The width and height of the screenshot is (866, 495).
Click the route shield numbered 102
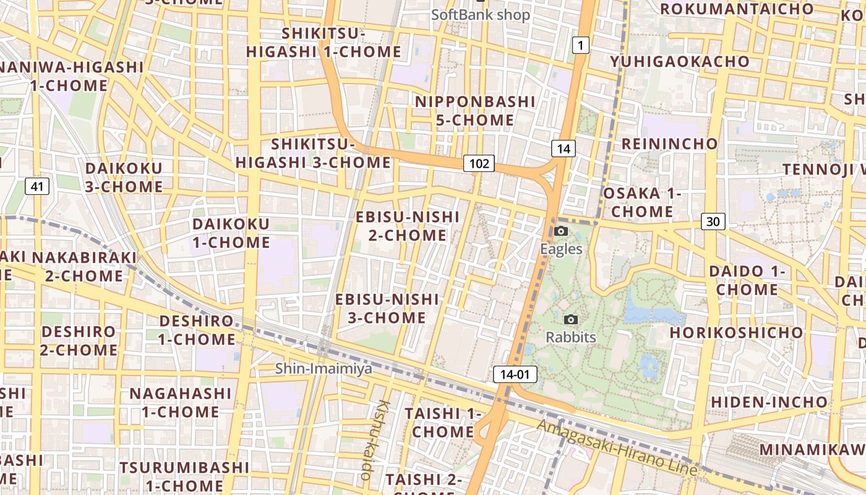(x=479, y=163)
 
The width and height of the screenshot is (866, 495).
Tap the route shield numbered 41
(x=37, y=186)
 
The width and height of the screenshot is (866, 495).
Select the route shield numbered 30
(x=713, y=222)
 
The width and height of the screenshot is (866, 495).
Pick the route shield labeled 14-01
(x=515, y=374)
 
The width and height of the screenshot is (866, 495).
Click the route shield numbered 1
(x=580, y=45)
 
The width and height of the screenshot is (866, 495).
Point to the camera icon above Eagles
(x=561, y=231)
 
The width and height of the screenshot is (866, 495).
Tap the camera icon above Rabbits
(x=571, y=319)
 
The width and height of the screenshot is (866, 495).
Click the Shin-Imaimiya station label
(x=324, y=369)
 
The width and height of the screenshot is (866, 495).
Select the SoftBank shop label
(x=481, y=14)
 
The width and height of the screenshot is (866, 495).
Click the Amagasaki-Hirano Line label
(x=617, y=448)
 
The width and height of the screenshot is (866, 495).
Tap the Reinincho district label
(x=670, y=144)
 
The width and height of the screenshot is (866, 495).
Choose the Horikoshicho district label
(x=736, y=332)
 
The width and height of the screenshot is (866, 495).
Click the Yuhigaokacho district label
(x=680, y=62)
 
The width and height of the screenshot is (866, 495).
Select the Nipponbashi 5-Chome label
(x=475, y=110)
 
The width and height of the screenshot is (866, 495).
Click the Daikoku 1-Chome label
(x=231, y=233)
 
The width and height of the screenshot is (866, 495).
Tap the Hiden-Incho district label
(x=769, y=402)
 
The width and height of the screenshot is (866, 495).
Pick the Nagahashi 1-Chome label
(x=180, y=402)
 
